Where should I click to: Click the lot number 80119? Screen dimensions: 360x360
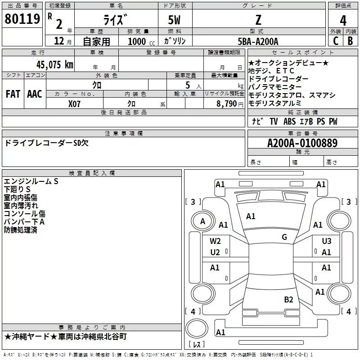pos(22,19)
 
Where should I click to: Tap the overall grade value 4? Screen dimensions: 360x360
pos(343,20)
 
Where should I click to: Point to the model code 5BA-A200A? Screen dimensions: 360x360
pos(258,41)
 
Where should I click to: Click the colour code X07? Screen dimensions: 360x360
pos(75,103)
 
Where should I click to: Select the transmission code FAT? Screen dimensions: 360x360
pos(13,94)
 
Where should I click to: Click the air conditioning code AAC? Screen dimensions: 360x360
pos(35,94)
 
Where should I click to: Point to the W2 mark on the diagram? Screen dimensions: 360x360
pos(215,241)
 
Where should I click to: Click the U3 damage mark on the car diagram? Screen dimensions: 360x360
pos(326,241)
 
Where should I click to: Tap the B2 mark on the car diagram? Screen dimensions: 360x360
pos(288,299)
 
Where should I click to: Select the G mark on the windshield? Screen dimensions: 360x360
pos(284,237)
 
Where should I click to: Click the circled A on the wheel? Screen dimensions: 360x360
pos(202,221)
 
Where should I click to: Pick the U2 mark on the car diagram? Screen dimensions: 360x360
pos(215,252)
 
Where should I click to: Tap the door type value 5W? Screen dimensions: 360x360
pos(175,20)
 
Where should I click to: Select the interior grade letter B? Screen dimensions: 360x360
pos(350,40)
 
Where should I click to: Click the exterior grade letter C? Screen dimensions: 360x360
pos(335,40)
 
